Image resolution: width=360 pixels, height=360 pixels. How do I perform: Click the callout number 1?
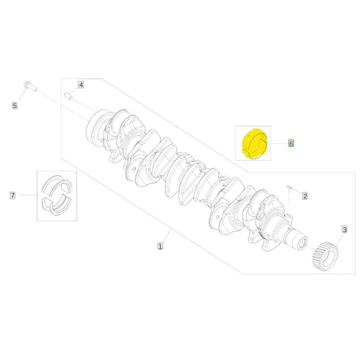coord(160,246)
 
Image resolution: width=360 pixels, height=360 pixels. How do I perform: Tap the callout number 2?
coord(305,196)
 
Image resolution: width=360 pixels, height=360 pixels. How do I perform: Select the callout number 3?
coord(345,229)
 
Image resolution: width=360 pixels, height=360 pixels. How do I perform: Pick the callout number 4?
coord(81,85)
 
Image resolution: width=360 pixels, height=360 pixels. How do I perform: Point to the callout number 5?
coord(15,106)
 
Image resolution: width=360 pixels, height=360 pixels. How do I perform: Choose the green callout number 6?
coord(291,143)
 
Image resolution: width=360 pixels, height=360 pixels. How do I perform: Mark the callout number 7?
coord(13,195)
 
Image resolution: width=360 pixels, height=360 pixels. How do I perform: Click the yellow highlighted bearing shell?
coord(254,143)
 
